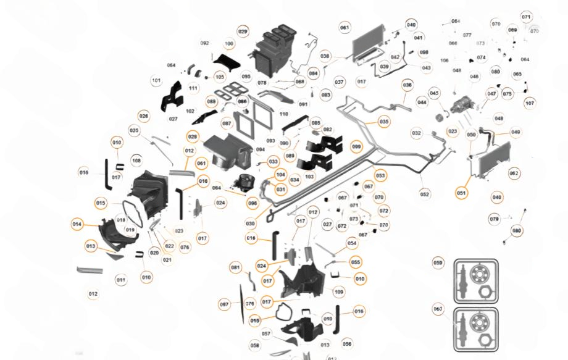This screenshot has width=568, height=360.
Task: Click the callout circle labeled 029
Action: (243, 31)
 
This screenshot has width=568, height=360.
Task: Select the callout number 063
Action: (345, 28)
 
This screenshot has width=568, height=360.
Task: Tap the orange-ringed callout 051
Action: (462, 193)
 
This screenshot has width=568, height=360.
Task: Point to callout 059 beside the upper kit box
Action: (438, 263)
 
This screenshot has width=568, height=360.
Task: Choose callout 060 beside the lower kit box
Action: (438, 309)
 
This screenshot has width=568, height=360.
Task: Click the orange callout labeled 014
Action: (77, 224)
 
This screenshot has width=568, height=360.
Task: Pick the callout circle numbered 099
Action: (356, 147)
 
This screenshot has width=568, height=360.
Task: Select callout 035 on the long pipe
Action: (384, 122)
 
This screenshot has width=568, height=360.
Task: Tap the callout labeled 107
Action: (530, 103)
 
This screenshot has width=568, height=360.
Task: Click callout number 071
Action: (526, 17)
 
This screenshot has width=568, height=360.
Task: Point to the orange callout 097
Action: (224, 304)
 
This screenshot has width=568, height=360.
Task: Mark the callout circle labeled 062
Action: (514, 174)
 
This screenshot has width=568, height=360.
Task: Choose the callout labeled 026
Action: (144, 116)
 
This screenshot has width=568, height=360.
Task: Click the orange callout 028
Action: (193, 136)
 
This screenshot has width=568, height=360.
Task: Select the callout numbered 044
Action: (422, 102)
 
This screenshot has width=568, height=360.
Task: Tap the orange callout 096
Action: (253, 203)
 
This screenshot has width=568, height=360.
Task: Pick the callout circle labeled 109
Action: (339, 291)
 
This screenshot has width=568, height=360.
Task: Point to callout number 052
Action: (425, 195)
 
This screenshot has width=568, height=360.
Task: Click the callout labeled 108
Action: (136, 161)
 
